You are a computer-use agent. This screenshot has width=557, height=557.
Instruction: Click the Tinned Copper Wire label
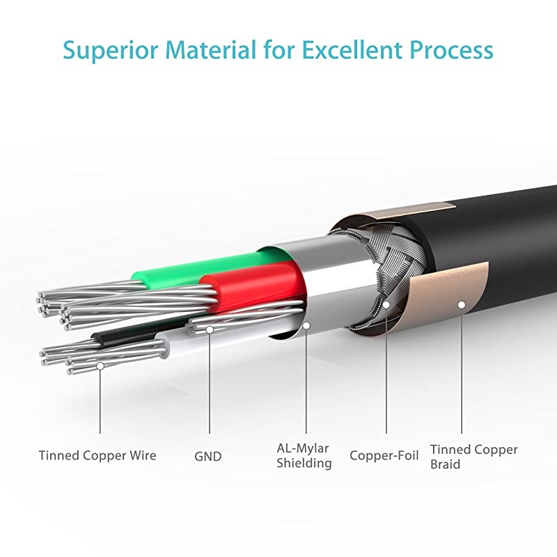tap(97, 456)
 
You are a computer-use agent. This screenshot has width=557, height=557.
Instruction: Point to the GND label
tap(207, 457)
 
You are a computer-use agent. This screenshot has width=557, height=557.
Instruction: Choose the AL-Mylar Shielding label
tap(304, 456)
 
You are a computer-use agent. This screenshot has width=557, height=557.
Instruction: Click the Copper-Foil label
tap(384, 456)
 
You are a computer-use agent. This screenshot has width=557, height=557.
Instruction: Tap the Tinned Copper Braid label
tap(473, 456)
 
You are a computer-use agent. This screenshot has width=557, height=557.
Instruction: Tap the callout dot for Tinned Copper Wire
tap(100, 365)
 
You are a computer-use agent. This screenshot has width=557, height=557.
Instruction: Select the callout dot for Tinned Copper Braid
tap(460, 304)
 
